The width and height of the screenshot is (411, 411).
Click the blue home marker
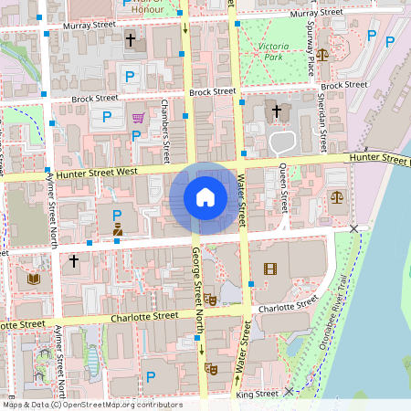coord(205,197)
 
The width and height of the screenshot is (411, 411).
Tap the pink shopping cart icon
coord(138,117)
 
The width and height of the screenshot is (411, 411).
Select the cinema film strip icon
coord(269,268)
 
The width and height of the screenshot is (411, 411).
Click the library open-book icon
coord(35,277)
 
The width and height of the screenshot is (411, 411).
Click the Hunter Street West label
coord(96,171)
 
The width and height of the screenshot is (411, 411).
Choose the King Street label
coord(257,394)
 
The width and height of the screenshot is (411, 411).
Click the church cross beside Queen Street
coord(277,111)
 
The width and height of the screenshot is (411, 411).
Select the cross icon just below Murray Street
coord(130,40)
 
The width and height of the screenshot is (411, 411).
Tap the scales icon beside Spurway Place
coord(322,54)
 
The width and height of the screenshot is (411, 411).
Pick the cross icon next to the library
coord(75,261)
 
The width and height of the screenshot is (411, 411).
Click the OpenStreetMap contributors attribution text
coord(91,405)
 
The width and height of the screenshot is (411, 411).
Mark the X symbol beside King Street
coord(289,391)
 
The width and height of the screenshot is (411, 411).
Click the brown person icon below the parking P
coord(117,231)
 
